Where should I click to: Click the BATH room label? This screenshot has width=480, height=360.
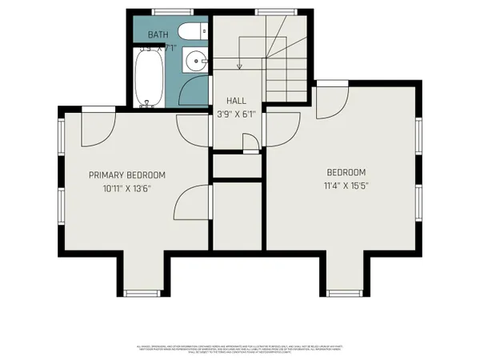[x=157, y=34]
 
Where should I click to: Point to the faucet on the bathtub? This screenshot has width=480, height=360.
[x=146, y=102]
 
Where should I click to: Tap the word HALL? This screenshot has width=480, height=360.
[x=236, y=102]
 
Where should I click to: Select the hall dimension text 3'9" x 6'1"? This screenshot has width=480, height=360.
[x=236, y=114]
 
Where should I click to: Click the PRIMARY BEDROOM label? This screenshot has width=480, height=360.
[x=127, y=175]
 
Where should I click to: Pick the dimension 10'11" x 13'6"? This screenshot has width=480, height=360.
[x=127, y=189]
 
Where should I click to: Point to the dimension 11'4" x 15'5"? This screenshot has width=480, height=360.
[x=346, y=186]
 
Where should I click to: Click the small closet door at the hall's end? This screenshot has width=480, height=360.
[x=250, y=144]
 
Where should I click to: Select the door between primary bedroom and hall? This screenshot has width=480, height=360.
[x=192, y=128]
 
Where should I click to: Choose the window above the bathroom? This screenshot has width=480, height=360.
[x=166, y=10]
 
